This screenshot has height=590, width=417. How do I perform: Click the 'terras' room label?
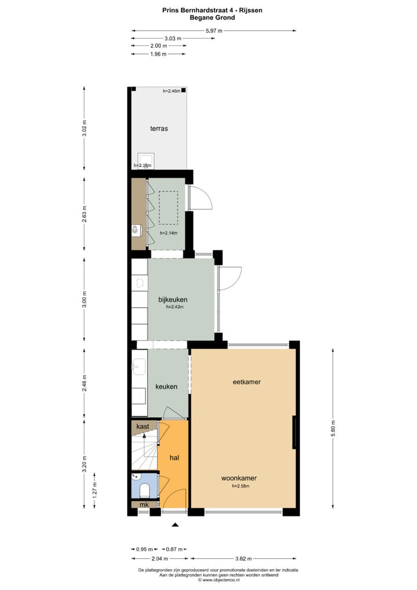[159, 129]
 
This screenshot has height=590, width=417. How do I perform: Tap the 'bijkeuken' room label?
[173, 300]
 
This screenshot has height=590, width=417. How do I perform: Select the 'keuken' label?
[166, 387]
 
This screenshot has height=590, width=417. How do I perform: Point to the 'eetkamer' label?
[246, 382]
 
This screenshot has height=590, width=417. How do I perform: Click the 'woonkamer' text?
[239, 479]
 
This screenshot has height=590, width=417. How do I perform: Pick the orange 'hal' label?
[174, 458]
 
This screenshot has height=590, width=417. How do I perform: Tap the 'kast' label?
[142, 427]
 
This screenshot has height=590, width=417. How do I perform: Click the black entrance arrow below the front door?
[175, 525]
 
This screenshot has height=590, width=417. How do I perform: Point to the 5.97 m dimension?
[214, 31]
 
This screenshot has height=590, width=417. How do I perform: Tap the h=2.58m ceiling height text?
[240, 486]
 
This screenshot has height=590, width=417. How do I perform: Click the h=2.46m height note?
[171, 91]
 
